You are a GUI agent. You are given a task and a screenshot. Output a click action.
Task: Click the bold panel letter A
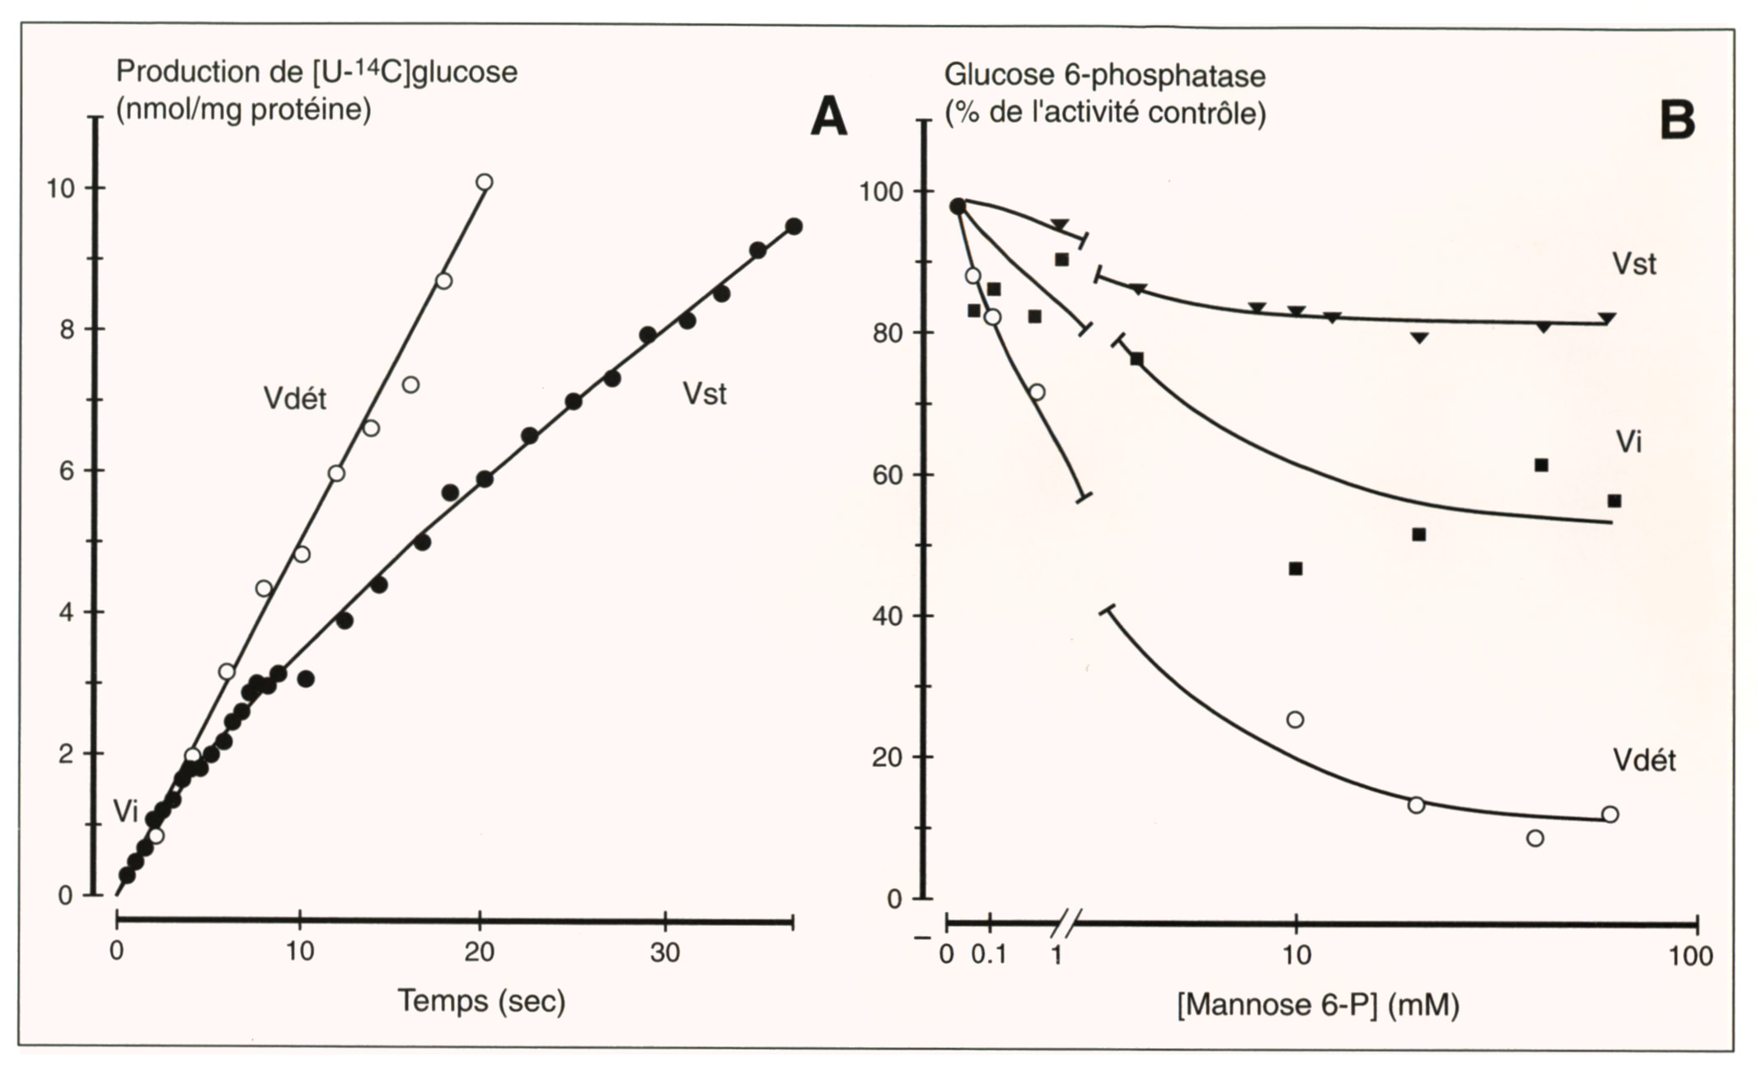tap(828, 117)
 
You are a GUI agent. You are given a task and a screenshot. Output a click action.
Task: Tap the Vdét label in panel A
tap(294, 399)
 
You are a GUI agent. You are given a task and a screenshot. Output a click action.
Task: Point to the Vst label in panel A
tap(705, 394)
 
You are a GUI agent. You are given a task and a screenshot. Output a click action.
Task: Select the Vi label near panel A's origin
tap(125, 811)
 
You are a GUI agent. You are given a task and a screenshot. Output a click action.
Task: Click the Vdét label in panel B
tap(1644, 760)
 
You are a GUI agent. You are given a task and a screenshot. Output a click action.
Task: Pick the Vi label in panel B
tap(1628, 442)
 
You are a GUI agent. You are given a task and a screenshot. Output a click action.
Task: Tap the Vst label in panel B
tap(1634, 264)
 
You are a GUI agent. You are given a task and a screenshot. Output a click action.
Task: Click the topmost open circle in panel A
tap(485, 182)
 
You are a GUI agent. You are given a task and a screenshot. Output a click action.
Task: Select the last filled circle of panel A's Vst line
tap(794, 227)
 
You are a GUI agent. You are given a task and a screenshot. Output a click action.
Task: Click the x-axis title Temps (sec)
tap(481, 1001)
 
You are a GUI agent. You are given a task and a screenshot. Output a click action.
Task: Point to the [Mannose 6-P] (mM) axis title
tap(1318, 1005)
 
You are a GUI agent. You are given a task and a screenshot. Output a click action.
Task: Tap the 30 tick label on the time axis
tap(665, 952)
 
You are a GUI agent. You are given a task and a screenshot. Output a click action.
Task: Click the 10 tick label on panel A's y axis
tap(60, 189)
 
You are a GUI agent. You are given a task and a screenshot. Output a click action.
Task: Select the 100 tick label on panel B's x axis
tap(1691, 956)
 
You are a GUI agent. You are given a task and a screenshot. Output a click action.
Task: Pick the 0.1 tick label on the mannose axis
tap(989, 956)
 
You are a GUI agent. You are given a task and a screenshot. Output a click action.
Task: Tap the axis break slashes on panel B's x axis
tap(1065, 924)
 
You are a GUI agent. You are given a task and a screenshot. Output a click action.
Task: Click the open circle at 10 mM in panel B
tap(1295, 720)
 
